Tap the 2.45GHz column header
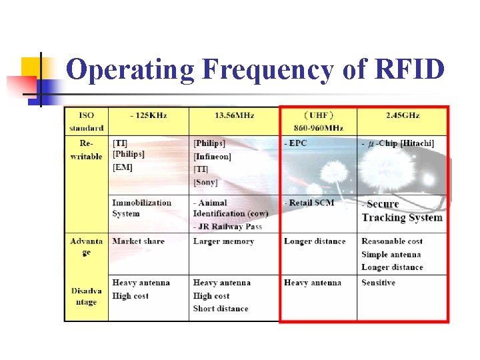click(403, 115)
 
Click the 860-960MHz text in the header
click(319, 127)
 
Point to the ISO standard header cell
click(87, 121)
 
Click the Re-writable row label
click(87, 150)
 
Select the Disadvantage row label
click(86, 296)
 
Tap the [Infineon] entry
click(212, 157)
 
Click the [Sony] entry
click(205, 182)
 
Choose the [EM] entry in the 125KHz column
click(123, 167)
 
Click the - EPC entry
click(295, 143)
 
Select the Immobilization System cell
click(141, 208)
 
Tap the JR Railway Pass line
click(227, 227)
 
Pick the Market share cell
click(138, 241)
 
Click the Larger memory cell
click(223, 241)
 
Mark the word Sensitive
click(378, 283)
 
